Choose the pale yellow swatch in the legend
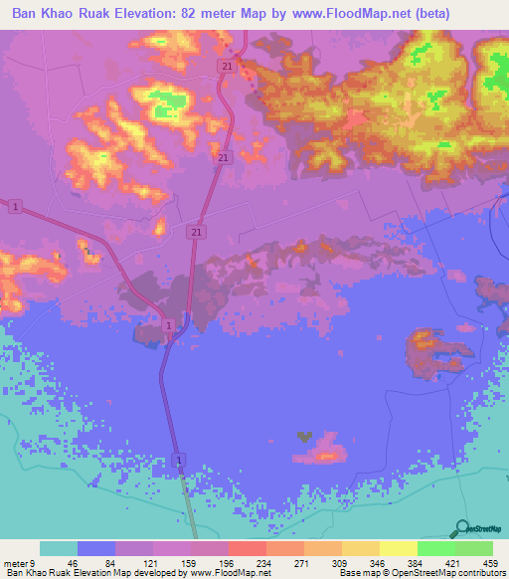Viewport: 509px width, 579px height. tap(399, 548)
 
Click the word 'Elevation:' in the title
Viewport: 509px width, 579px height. tap(158, 13)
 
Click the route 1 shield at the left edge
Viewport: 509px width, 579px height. tap(17, 206)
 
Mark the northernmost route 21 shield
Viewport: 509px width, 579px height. tap(227, 66)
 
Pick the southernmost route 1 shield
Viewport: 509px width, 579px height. tap(179, 461)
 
